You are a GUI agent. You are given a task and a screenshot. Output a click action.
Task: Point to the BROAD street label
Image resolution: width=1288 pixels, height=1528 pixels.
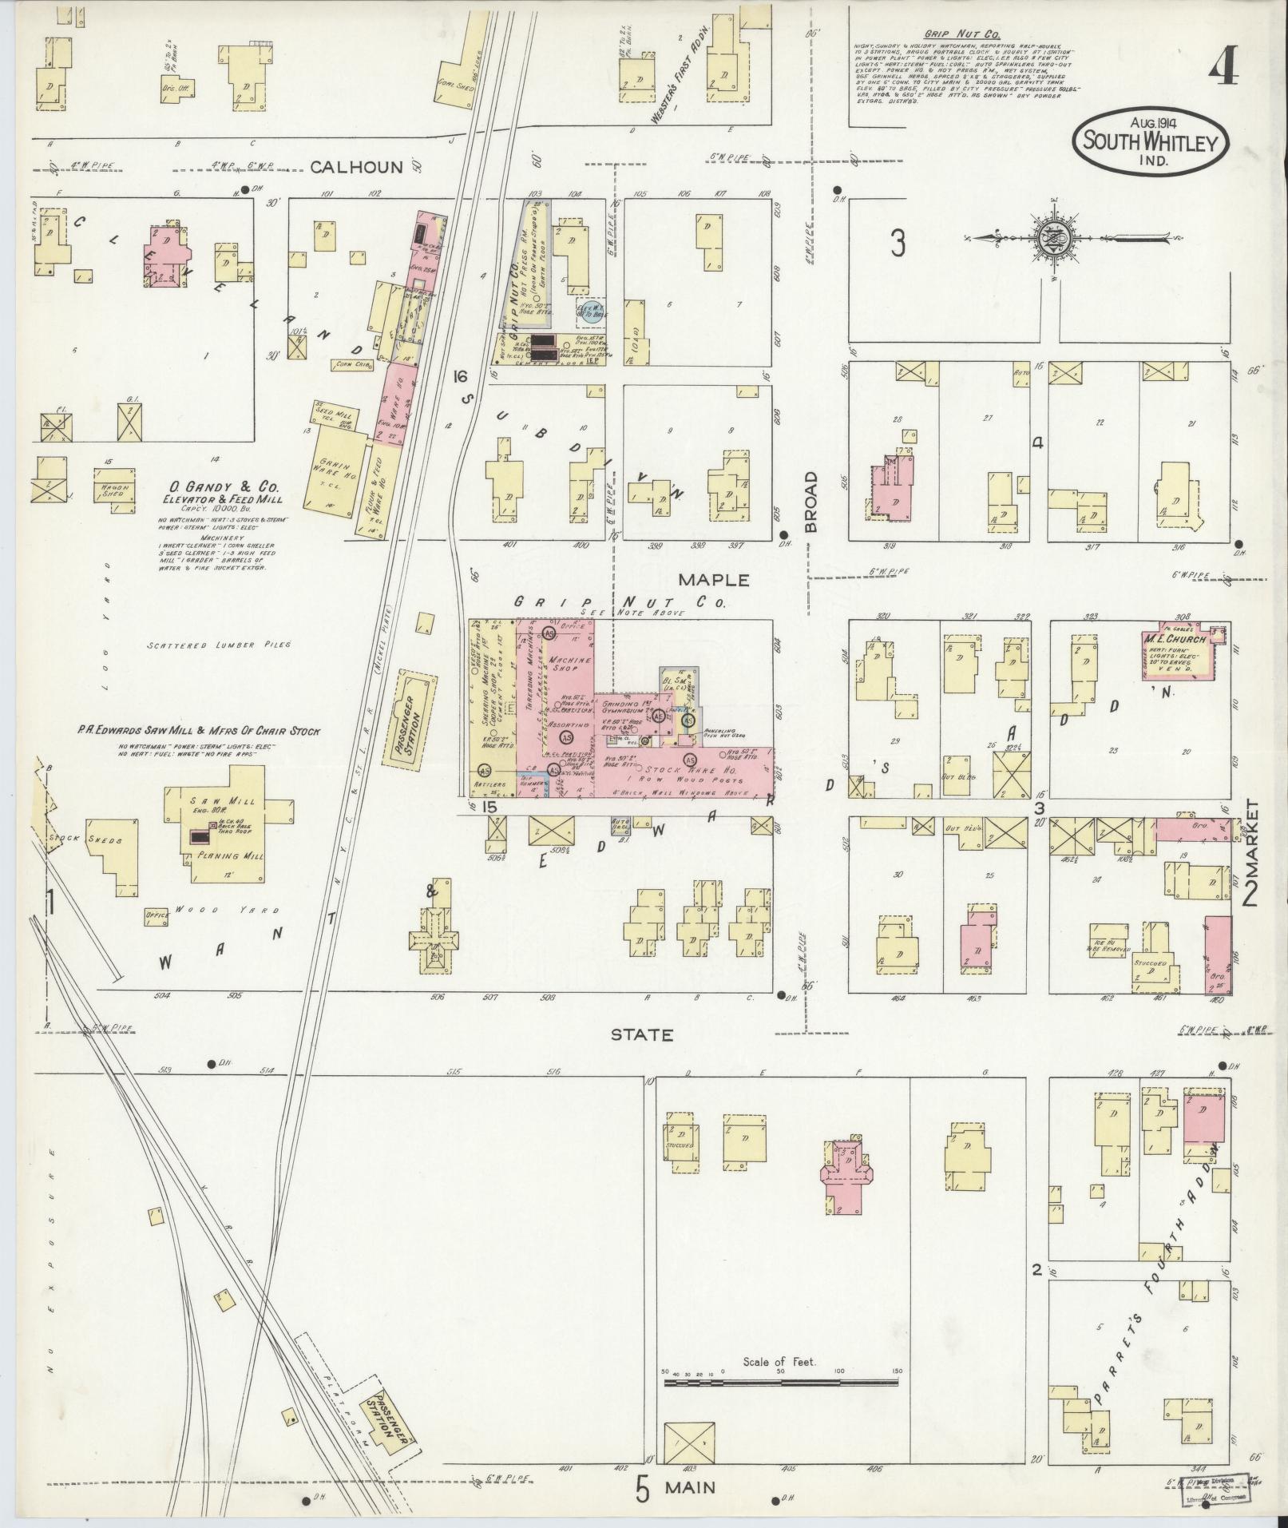[x=811, y=502]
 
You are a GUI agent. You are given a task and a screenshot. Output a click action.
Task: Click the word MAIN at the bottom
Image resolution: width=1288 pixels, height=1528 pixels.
[x=692, y=1488]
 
